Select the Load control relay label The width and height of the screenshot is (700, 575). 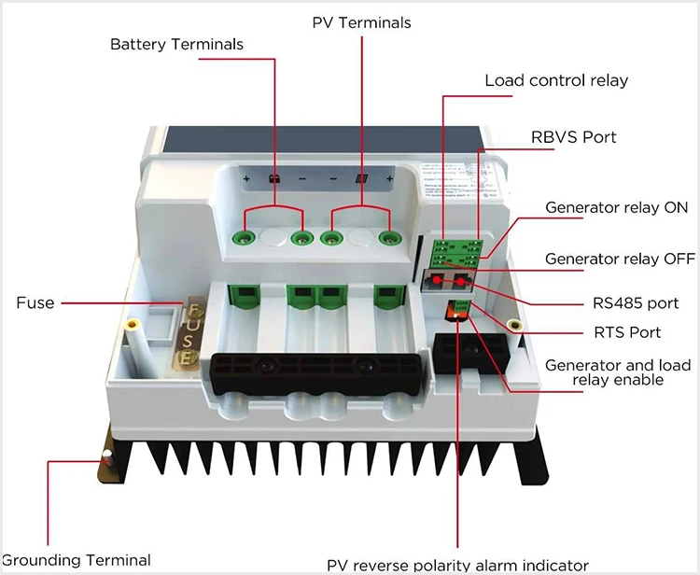click(x=556, y=80)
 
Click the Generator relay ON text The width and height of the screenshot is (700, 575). click(x=616, y=207)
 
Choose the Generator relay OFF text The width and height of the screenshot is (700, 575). click(x=620, y=259)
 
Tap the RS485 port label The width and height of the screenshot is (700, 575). click(x=636, y=302)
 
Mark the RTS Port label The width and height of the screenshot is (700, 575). click(x=627, y=332)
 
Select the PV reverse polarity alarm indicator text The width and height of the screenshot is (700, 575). click(x=457, y=565)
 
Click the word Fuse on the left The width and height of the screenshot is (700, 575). click(x=35, y=302)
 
